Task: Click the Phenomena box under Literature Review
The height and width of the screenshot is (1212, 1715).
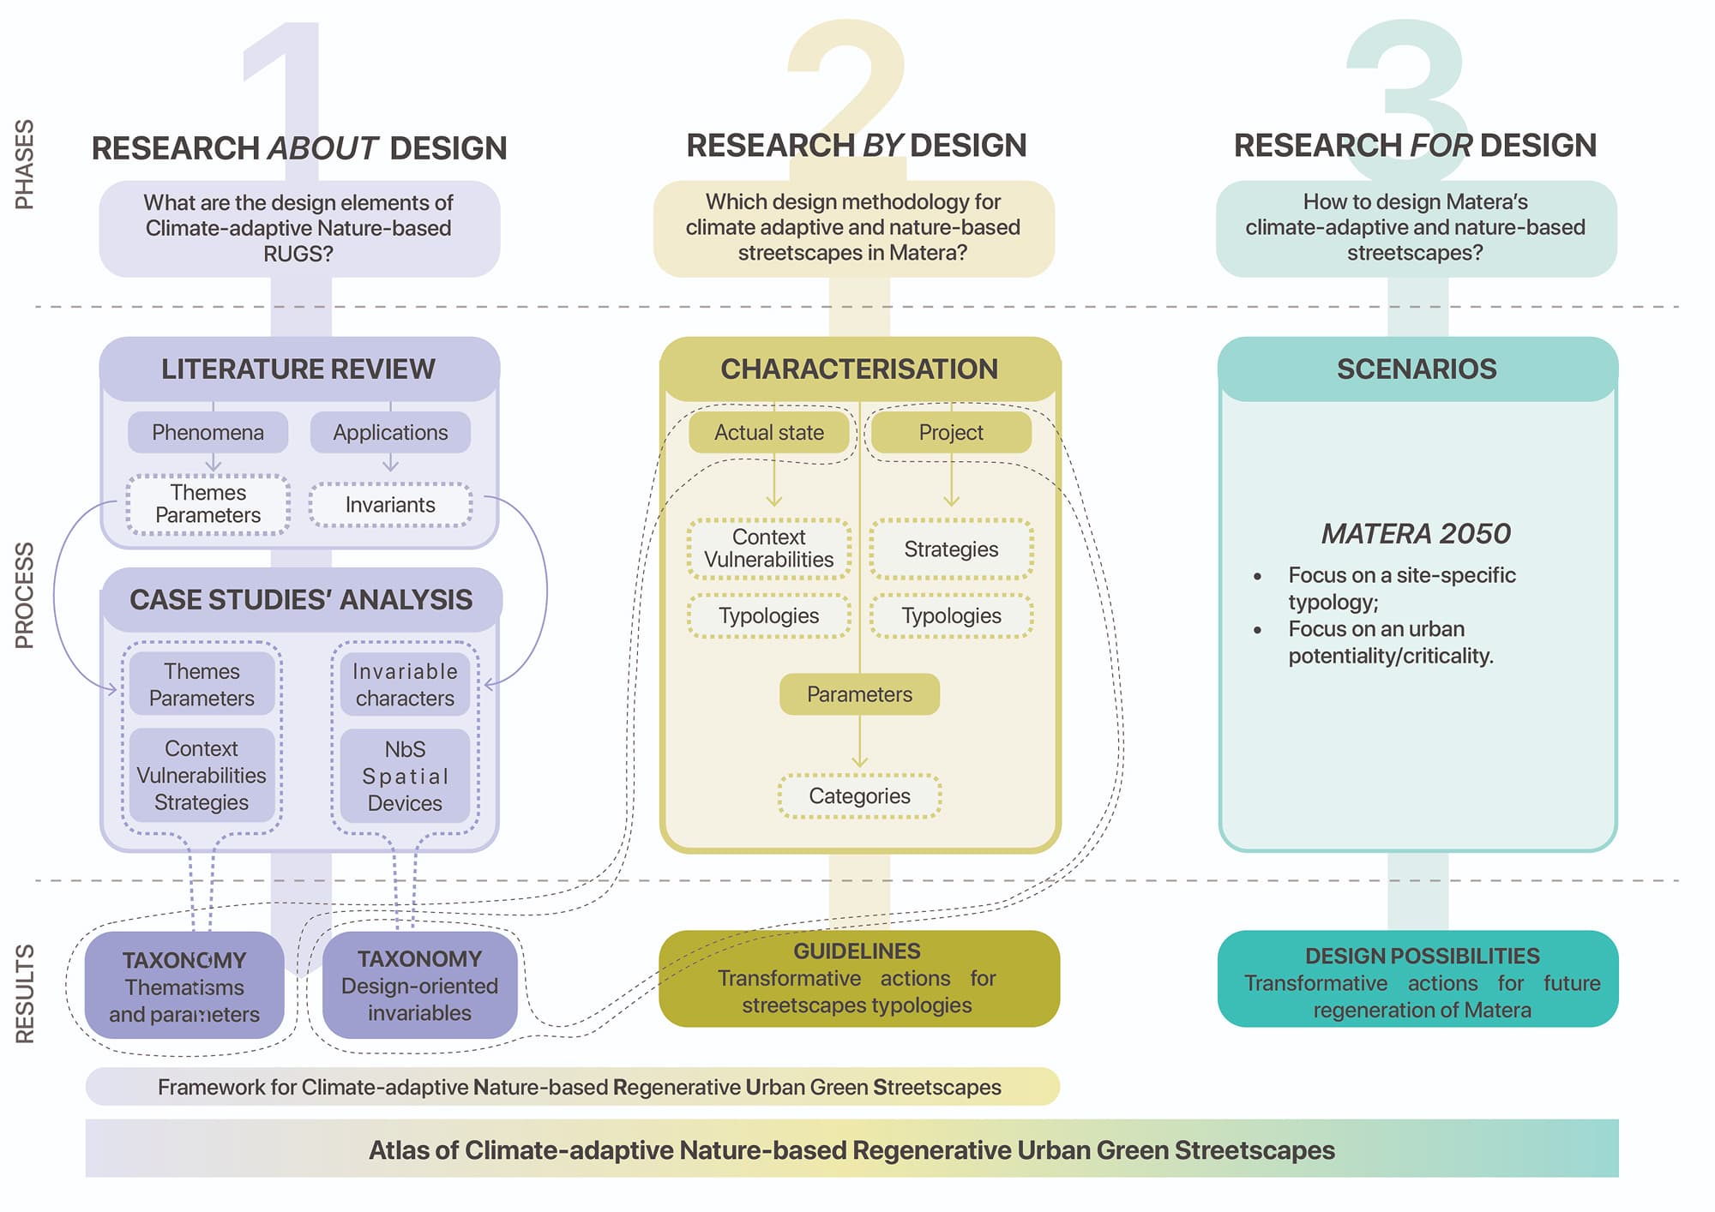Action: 208,432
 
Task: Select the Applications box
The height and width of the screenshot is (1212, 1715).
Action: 390,432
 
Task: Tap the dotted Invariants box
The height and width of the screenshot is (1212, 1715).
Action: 390,505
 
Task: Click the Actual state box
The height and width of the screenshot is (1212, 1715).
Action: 768,432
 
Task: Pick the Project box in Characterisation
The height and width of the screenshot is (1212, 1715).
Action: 951,432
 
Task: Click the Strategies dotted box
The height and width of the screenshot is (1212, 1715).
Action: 951,549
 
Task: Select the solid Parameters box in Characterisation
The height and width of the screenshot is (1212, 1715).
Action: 859,694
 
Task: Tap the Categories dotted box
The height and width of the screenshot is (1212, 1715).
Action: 859,796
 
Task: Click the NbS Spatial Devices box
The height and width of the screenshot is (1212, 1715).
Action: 405,776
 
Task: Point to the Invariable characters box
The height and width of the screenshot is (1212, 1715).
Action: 405,684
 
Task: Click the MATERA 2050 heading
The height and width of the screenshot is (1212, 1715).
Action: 1415,534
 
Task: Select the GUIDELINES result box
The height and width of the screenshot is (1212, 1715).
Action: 858,978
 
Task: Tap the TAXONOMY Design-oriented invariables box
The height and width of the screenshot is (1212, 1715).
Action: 419,985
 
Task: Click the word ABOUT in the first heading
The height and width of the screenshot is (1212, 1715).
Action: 322,148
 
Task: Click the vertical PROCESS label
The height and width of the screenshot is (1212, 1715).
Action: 25,595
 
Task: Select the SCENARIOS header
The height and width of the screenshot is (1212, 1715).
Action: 1417,369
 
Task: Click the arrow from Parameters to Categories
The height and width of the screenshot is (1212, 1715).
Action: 859,742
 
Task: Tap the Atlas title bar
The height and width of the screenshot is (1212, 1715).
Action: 851,1149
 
